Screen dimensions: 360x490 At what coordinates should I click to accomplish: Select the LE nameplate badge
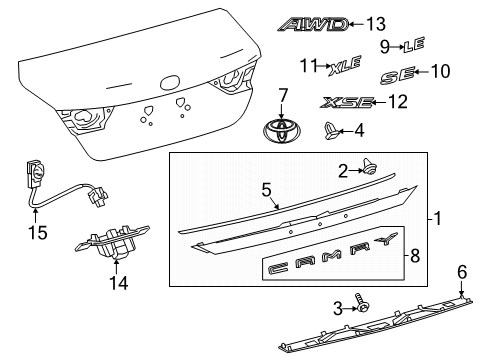416,45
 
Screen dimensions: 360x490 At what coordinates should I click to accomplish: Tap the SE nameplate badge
397,75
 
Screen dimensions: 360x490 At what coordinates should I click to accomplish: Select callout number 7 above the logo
282,97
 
